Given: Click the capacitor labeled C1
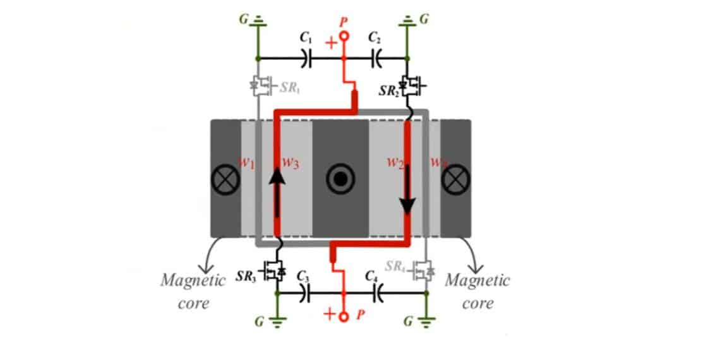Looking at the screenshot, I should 306,58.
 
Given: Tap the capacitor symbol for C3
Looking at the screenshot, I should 306,293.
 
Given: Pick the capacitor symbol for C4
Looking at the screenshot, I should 378,293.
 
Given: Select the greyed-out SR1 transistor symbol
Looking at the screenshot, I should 261,87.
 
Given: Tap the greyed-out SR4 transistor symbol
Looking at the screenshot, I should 424,270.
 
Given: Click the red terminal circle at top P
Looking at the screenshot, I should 344,37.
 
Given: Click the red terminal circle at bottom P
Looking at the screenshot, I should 343,316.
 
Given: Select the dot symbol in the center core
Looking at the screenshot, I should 340,180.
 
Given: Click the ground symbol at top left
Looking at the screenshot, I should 258,23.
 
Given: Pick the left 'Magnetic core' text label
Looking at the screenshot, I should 193,291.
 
